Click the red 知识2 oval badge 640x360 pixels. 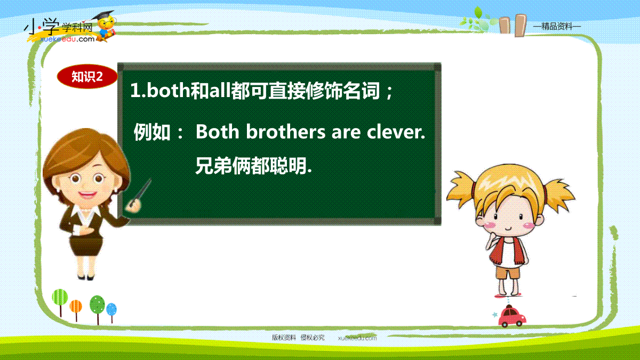point(87,76)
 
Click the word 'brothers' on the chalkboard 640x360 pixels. point(286,132)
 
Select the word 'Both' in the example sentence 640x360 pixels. point(217,132)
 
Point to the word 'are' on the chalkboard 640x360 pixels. point(346,133)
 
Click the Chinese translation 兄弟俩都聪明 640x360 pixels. point(253,166)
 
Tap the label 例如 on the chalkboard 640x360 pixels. point(152,132)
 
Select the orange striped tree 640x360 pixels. point(76,310)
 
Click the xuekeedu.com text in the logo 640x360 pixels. point(67,39)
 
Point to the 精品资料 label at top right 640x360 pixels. point(557,27)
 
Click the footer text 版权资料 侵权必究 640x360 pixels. point(298,338)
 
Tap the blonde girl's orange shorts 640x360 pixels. point(508,273)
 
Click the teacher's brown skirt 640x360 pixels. point(86,245)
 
